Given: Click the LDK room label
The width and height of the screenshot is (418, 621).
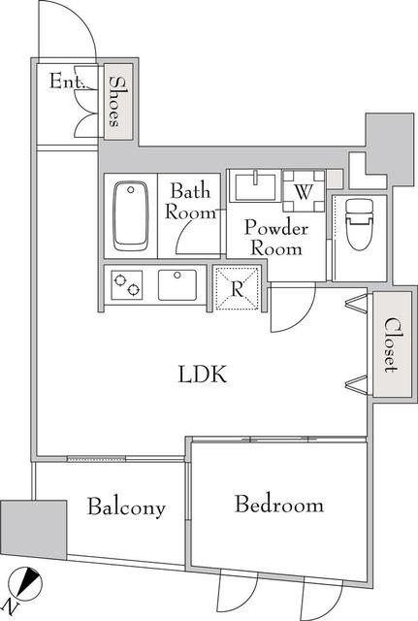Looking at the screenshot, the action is click(203, 375).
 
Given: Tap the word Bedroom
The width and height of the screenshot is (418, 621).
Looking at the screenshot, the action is click(279, 505).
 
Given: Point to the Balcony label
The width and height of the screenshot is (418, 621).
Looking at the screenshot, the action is click(126, 507).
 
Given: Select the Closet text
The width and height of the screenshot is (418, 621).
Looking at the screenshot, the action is click(392, 344).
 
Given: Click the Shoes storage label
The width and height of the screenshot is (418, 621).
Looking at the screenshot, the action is click(118, 101).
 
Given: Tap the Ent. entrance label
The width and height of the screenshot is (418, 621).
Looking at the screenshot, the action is click(67, 82).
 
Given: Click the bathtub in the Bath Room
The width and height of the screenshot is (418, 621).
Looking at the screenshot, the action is click(131, 216).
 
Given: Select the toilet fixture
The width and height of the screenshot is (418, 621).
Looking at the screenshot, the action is click(360, 224).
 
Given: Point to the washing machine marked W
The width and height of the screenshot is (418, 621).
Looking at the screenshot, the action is click(304, 191).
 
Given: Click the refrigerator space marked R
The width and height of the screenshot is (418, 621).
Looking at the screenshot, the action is click(237, 288).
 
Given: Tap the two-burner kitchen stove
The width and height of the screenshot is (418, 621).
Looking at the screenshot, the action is click(127, 285).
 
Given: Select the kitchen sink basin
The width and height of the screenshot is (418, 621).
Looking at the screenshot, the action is click(177, 285).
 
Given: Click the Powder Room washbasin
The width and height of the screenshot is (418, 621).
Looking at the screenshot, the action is click(255, 186).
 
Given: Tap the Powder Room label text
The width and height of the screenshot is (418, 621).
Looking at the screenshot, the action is click(276, 238).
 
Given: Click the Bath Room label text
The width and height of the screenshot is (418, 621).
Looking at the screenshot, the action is click(191, 201).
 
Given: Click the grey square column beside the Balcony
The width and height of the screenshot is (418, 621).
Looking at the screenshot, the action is click(33, 530).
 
